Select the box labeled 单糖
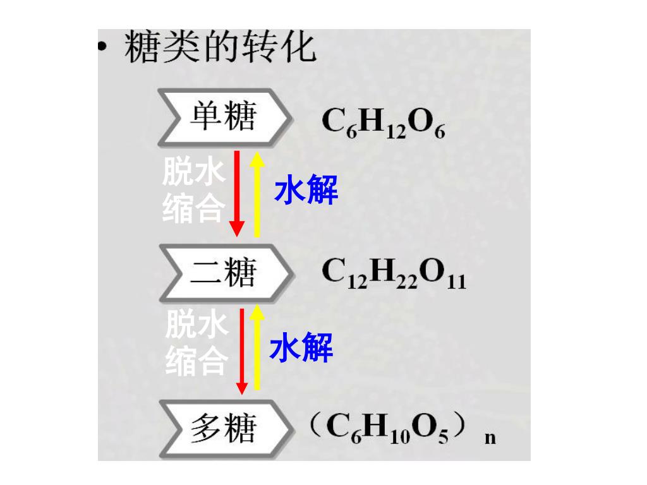(x=224, y=117)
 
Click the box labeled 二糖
(x=224, y=273)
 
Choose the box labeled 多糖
(x=224, y=429)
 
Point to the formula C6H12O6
(x=384, y=123)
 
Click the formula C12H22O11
(x=394, y=276)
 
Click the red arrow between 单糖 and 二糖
(x=237, y=193)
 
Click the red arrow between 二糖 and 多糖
(x=241, y=350)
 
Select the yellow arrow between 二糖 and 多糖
(x=257, y=349)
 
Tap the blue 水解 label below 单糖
(x=306, y=189)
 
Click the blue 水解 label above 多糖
(x=301, y=349)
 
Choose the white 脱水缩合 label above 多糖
(x=196, y=344)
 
